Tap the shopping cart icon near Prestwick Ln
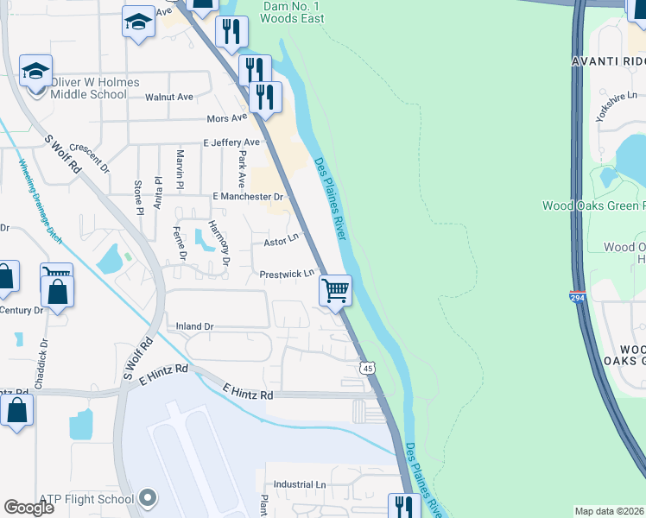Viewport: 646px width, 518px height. [334, 290]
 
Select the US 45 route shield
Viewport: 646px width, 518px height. [368, 368]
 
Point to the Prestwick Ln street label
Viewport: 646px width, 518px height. [287, 275]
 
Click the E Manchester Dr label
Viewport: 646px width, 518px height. [248, 197]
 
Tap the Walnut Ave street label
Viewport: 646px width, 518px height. [169, 98]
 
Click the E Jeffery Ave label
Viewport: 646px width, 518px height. [231, 142]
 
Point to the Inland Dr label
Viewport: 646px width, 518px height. [194, 327]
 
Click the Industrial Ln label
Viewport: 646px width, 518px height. [300, 485]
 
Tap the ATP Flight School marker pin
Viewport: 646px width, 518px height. [148, 498]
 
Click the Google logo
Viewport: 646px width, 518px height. [28, 508]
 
